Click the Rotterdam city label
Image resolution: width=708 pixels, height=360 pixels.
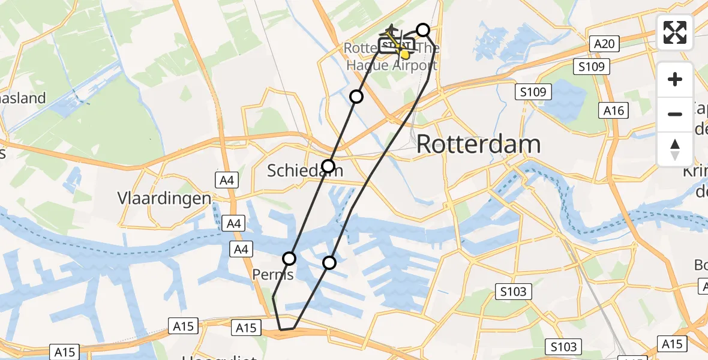(x=478, y=145)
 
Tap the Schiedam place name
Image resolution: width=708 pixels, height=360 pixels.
(x=305, y=171)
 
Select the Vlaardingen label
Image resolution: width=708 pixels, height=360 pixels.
(x=164, y=199)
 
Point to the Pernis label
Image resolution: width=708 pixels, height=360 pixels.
(x=273, y=274)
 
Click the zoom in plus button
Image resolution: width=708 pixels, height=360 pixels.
(x=675, y=79)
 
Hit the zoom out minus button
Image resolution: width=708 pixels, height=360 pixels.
(x=675, y=114)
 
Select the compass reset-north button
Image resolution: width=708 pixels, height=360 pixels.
(x=675, y=149)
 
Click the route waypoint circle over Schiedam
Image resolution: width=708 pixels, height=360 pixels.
(x=328, y=166)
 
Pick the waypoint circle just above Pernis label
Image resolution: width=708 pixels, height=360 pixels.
(x=289, y=259)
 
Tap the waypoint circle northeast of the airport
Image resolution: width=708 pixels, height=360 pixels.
(x=423, y=30)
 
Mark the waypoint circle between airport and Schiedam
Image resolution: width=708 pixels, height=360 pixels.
(x=356, y=97)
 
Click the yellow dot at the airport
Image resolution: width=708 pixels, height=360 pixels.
(x=404, y=55)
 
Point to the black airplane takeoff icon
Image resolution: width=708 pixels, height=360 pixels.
(x=392, y=29)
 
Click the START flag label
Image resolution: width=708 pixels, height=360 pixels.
(x=396, y=46)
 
